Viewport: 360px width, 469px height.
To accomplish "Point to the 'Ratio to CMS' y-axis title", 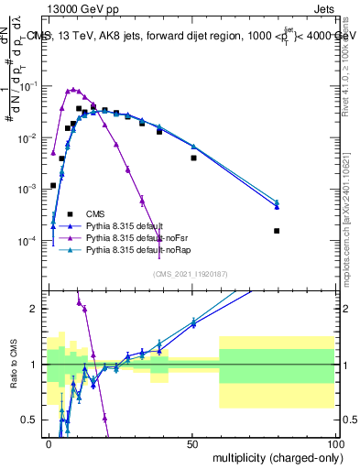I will pos(13,376).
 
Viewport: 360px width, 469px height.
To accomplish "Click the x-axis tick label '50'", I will pos(192,443).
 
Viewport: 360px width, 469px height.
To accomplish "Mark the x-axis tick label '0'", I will pos(49,443).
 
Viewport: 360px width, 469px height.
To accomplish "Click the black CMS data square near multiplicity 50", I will pos(193,158).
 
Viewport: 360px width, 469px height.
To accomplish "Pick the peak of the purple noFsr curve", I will pos(73,89).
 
